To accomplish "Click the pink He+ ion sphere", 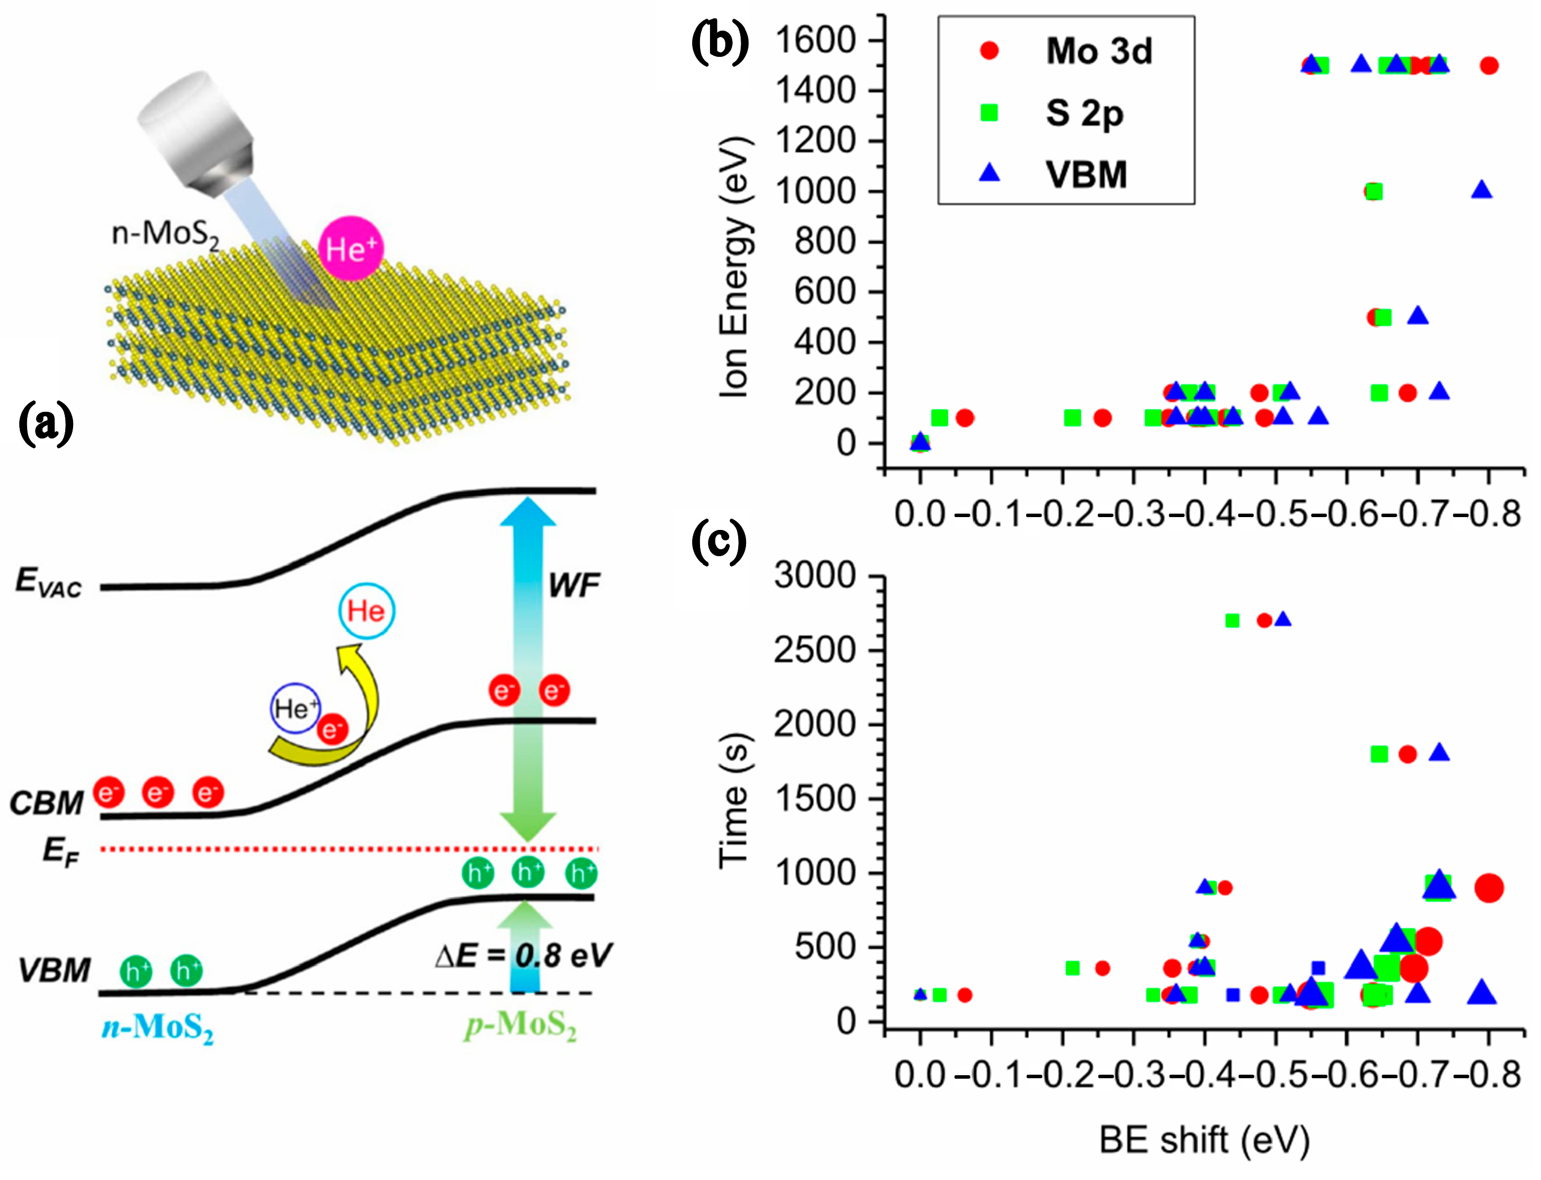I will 351,249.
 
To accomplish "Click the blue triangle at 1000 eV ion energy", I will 1481,190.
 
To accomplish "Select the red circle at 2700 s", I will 1264,620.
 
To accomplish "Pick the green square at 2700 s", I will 1232,620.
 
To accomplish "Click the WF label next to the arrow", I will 574,585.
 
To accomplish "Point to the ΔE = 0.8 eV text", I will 523,955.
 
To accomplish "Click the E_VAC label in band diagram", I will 48,582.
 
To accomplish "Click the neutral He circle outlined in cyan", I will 367,611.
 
